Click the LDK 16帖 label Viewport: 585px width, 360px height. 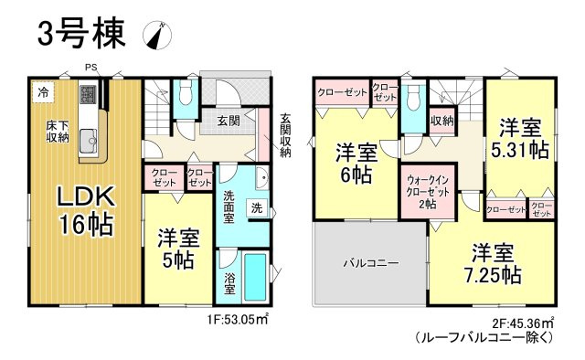coord(88,209)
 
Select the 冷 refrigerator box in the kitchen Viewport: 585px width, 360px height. coord(43,91)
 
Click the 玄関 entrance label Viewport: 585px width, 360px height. coord(229,119)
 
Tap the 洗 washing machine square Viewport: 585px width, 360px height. coord(257,207)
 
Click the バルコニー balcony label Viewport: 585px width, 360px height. coord(370,263)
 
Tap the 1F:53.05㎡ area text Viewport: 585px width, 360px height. coord(237,319)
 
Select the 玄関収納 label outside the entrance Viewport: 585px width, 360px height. coord(286,133)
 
